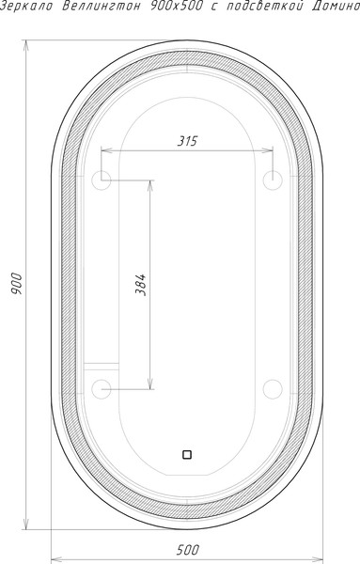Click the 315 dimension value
pyautogui.click(x=187, y=141)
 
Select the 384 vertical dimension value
pyautogui.click(x=141, y=285)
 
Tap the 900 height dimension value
pyautogui.click(x=16, y=284)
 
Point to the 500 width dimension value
pyautogui.click(x=187, y=550)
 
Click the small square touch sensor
pyautogui.click(x=187, y=455)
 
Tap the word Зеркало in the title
pyautogui.click(x=26, y=7)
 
